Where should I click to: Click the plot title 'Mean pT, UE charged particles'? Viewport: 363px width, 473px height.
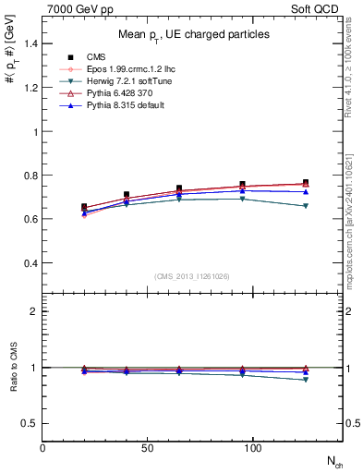tap(194, 34)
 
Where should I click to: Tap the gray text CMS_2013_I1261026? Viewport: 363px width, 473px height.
tap(192, 276)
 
